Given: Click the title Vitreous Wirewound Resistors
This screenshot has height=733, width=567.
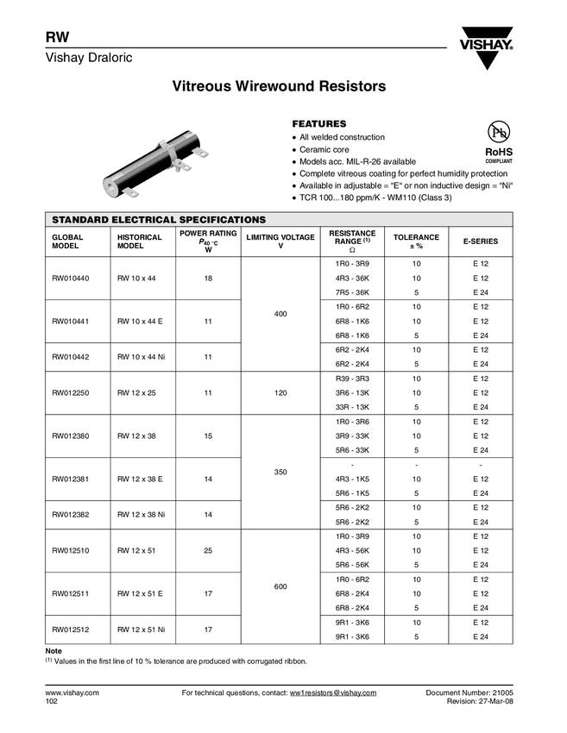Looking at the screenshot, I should [279, 87].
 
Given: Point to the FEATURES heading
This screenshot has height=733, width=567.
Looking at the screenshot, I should [319, 124].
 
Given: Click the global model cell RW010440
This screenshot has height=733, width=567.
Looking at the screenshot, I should [71, 278].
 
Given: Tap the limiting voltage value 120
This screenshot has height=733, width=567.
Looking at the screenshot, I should [280, 392].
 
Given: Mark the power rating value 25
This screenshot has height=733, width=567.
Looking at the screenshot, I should [208, 550].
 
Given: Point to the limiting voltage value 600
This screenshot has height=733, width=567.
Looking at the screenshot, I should [280, 586].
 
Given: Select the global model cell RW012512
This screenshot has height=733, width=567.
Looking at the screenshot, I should [71, 630].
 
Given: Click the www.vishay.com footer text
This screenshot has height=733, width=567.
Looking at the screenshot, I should [72, 693].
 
